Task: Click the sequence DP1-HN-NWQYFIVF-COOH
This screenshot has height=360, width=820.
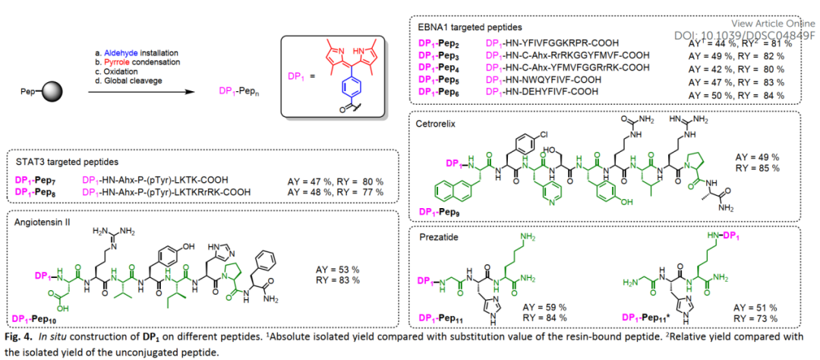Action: point(541,80)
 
